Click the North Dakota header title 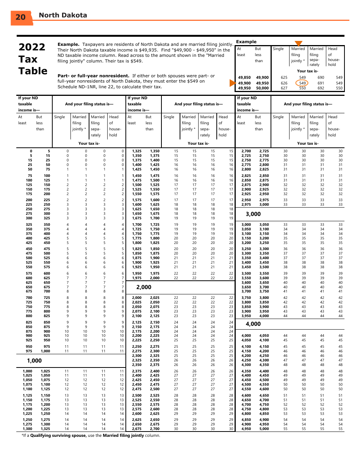click(x=63, y=15)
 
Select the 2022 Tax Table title click(x=33, y=59)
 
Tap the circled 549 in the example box click(x=302, y=83)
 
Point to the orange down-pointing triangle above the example click(x=299, y=43)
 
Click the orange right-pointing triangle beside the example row click(x=232, y=83)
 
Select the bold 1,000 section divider click(x=34, y=361)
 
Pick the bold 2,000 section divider click(x=144, y=287)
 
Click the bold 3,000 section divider click(x=253, y=214)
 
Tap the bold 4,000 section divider click(x=253, y=324)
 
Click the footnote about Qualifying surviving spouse click(x=91, y=435)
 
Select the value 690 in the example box click(x=321, y=77)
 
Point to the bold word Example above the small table click(x=246, y=42)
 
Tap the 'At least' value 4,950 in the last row click(x=246, y=429)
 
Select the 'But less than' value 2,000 click(x=155, y=278)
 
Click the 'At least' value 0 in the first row click(x=31, y=151)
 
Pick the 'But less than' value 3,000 click(x=264, y=205)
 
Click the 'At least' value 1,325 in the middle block click(x=136, y=151)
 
